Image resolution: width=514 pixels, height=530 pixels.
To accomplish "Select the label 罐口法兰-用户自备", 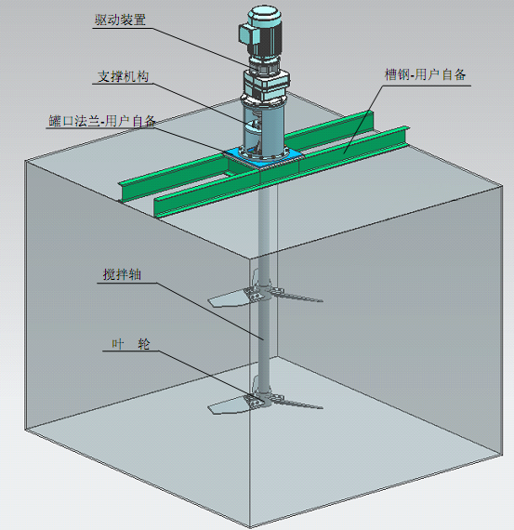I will click(102, 121).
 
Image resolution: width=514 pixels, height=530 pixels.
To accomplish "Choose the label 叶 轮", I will click(128, 344).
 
